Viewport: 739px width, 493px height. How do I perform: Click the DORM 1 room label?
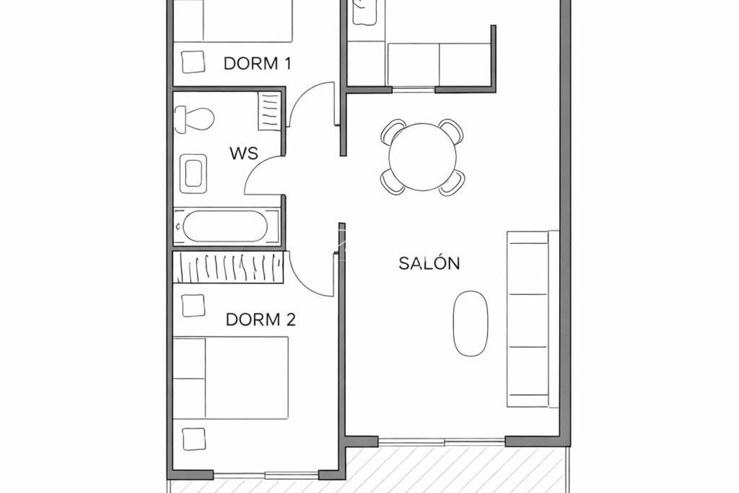257,63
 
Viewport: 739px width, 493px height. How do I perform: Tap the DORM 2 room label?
260,320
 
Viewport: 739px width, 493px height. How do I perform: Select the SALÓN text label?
429,263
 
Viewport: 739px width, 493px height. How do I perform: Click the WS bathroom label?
244,153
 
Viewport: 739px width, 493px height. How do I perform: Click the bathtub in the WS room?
225,226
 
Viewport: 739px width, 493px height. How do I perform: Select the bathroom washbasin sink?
193,173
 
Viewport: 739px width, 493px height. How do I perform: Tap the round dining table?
422,157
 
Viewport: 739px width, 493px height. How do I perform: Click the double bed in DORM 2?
231,378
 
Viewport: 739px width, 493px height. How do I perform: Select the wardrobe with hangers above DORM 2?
229,267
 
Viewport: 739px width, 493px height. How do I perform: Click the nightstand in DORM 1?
193,62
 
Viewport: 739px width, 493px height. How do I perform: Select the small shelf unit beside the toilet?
269,111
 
